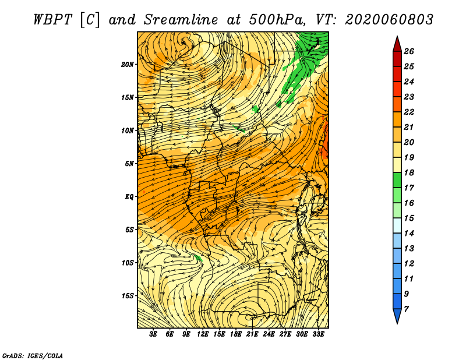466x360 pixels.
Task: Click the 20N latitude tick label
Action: tap(128, 65)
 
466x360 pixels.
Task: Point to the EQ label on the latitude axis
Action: tap(129, 197)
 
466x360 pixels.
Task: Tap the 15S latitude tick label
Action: tap(128, 296)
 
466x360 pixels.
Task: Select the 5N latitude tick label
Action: tap(129, 164)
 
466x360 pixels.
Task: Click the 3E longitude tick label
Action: tap(153, 334)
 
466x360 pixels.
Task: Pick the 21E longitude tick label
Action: tap(252, 334)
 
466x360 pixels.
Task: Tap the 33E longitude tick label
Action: tap(318, 334)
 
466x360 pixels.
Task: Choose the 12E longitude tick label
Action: tap(202, 334)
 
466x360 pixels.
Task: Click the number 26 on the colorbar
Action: tap(409, 51)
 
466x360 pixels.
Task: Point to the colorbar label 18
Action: tap(409, 172)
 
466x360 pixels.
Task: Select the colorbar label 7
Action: tap(406, 309)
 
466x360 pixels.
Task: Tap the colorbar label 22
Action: tap(409, 112)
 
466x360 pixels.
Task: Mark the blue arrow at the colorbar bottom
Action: tap(397, 315)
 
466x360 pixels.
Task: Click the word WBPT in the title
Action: tap(53, 20)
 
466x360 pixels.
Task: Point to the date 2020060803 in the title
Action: tap(389, 20)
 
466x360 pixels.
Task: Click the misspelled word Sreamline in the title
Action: tap(181, 20)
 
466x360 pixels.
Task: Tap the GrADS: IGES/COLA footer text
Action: tap(33, 356)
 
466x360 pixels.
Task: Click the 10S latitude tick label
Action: tap(128, 263)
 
